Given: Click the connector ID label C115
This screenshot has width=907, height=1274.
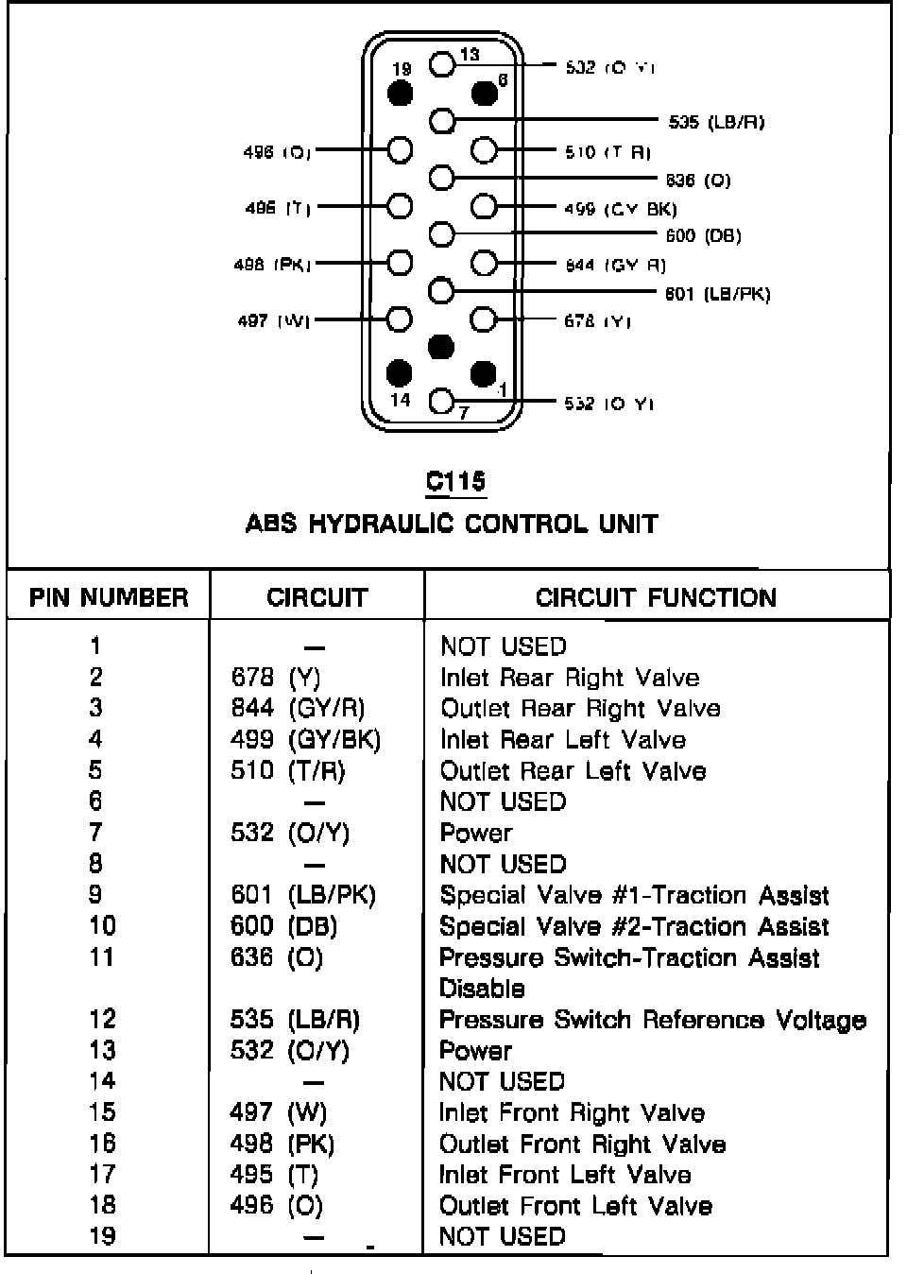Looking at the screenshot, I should pos(455,481).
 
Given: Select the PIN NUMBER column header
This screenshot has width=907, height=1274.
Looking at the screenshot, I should pos(109,597).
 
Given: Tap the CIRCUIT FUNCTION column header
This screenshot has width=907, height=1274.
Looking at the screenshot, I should pos(656,597).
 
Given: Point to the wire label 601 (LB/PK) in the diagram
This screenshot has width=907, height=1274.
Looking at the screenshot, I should pos(718,294).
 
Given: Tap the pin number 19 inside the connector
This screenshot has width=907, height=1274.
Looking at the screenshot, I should pos(402,69).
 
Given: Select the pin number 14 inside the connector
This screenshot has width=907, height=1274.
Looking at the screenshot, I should pos(401,399).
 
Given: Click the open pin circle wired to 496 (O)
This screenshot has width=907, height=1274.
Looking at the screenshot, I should pos(401,150).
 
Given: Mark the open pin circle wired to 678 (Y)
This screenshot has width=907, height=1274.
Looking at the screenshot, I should pos(484,319).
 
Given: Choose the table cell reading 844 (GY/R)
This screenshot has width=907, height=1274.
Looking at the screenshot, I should pos(298,708).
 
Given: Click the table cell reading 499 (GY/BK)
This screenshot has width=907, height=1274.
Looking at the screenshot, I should pos(305,739).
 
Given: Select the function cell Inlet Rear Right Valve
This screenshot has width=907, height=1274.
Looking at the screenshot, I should pos(570,678).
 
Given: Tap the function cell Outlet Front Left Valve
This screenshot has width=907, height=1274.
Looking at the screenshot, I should pos(575,1205).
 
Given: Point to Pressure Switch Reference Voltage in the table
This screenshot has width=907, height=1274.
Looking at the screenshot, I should pos(653,1020).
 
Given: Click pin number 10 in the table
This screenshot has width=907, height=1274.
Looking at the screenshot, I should pos(102,926).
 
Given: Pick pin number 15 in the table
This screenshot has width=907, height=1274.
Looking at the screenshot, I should pos(102,1112).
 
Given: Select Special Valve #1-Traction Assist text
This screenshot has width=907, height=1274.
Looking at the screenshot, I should pos(634,895).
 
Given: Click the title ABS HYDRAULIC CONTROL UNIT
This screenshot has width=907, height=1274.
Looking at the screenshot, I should pos(452,524).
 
